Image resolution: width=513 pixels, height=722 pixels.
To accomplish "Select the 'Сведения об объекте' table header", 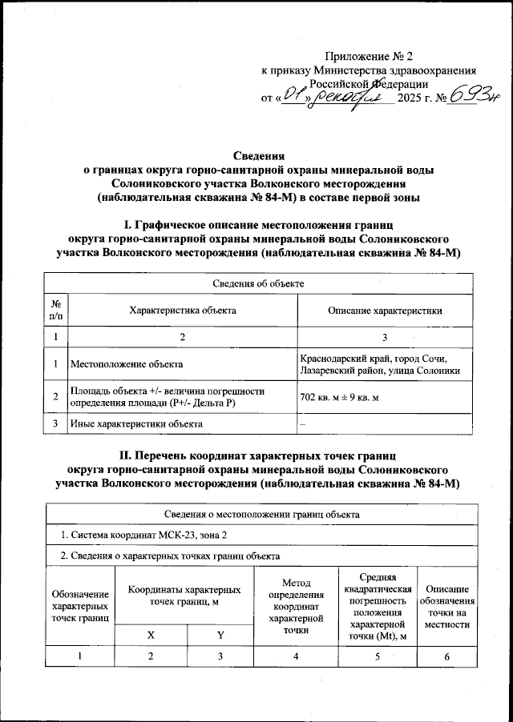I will coord(257,284).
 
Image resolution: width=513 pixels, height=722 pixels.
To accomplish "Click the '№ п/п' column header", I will coord(55,310).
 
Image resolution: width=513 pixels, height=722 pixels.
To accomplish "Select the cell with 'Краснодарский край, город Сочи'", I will coord(370,358).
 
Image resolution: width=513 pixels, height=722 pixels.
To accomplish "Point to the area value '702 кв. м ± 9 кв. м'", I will coord(349,396).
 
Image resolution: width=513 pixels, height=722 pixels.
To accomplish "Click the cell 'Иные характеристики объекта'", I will coord(136,423).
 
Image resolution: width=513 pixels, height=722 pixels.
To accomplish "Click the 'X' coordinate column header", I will coord(151,635).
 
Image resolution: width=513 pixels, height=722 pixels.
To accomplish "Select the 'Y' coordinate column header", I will coord(219,635).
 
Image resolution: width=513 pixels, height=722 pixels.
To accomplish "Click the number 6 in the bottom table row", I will coord(447,657).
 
